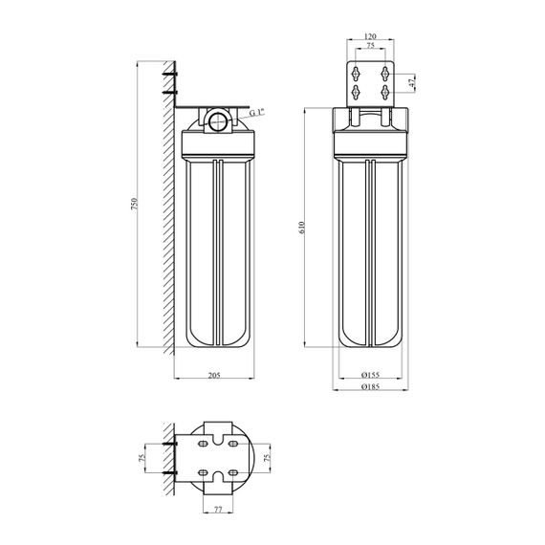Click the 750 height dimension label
pos(134,204)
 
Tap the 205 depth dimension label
pos(214,375)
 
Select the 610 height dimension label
pos(301,228)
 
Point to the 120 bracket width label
pos(371,35)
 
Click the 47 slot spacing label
pos(412,83)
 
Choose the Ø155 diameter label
pos(371,375)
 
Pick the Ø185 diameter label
pos(371,386)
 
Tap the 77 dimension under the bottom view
pos(218,510)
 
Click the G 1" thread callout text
pos(257,112)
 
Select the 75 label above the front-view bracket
pos(371,46)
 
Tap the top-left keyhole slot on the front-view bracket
pos(356,74)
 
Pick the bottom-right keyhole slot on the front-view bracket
pos(385,92)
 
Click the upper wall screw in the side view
pos(169,75)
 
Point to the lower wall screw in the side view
pos(169,93)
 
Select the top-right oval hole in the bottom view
pos(233,444)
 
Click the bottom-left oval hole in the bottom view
pos(203,472)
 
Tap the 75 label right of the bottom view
pos(267,458)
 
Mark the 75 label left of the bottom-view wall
pos(142,458)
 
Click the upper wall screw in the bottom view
pos(169,444)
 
